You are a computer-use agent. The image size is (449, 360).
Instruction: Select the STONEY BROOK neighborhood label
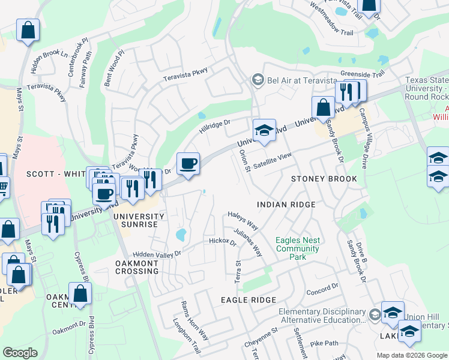[324, 179]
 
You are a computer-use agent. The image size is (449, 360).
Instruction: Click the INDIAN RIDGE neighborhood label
[286, 205]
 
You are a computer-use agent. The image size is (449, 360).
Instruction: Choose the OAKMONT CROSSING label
[137, 266]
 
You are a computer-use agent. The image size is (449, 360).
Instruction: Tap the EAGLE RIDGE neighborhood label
[248, 299]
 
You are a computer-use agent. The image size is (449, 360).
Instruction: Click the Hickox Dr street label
[223, 242]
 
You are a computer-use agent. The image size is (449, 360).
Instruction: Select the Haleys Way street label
[243, 221]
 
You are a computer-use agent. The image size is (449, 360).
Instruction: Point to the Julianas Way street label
[248, 242]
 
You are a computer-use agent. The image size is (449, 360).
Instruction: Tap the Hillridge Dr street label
[215, 127]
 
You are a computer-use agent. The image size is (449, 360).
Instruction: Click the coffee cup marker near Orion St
[188, 163]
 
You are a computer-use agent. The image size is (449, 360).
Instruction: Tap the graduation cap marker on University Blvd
[263, 130]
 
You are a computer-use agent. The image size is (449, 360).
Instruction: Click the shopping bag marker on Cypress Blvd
[80, 294]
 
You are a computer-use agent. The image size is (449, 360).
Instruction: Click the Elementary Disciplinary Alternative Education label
[322, 316]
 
